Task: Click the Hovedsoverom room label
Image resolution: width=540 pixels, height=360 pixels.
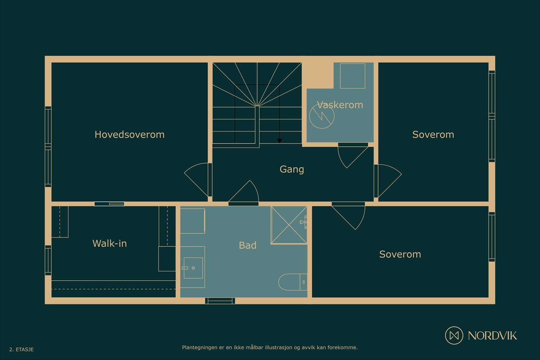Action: tap(129, 135)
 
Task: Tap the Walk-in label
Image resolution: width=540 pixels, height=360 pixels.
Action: tap(109, 243)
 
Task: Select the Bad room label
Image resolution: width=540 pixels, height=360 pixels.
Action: tap(247, 245)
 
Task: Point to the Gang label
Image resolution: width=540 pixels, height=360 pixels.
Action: tap(292, 169)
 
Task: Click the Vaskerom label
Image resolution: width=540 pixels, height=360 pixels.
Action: tap(340, 105)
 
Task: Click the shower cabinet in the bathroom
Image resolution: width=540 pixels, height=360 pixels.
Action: tap(289, 225)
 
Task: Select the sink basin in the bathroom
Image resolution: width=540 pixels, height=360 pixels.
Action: tap(193, 268)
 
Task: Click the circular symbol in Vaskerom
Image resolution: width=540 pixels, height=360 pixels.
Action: tap(322, 116)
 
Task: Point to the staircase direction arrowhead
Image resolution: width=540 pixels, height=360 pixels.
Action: tap(279, 141)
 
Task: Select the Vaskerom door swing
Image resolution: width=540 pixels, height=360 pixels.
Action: tap(352, 155)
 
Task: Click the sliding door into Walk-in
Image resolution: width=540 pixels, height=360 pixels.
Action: tap(109, 204)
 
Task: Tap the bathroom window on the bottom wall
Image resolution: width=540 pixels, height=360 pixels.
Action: tap(220, 300)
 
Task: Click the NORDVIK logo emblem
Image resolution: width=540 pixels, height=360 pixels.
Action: tap(454, 335)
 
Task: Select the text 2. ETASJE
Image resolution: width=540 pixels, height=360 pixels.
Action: tap(21, 350)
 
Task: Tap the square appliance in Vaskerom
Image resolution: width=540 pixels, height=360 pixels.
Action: tap(352, 76)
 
